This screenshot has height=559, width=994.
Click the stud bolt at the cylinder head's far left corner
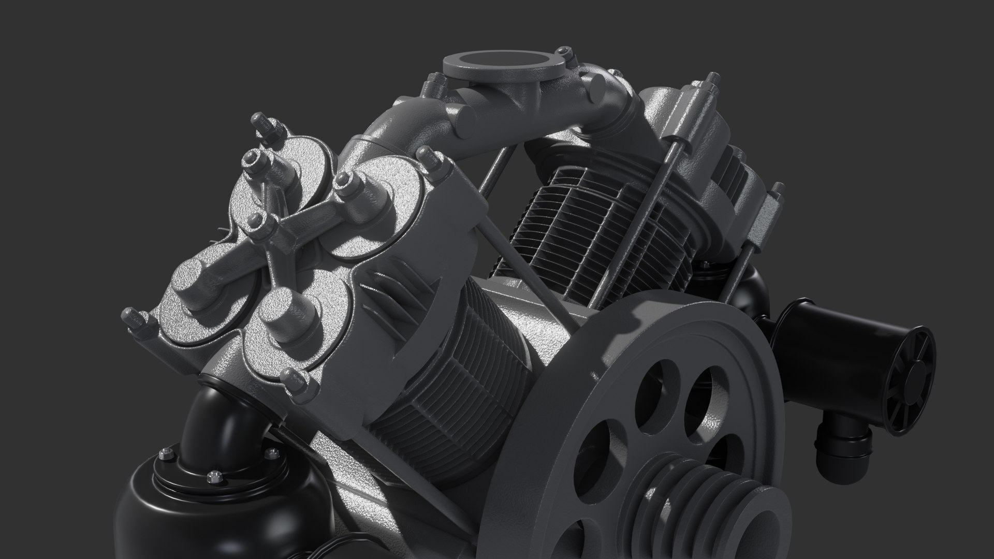136,321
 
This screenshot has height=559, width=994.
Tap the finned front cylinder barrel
456,373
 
